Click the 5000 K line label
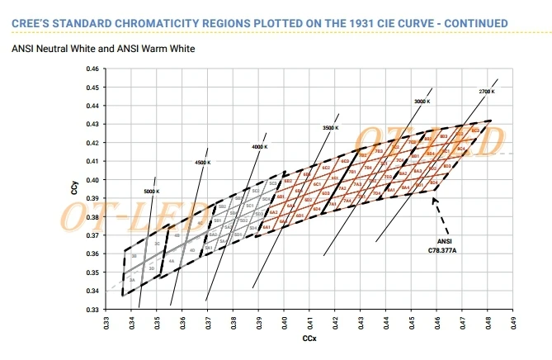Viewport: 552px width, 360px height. [x=151, y=192]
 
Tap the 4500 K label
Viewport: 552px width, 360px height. [x=202, y=163]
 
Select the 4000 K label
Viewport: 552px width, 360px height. [x=261, y=147]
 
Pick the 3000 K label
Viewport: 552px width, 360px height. [x=422, y=101]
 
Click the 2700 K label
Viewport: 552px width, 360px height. [x=486, y=90]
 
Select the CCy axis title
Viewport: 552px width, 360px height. [x=73, y=189]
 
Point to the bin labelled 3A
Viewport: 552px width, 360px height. [x=132, y=281]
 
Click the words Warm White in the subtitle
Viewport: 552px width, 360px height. [x=170, y=50]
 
